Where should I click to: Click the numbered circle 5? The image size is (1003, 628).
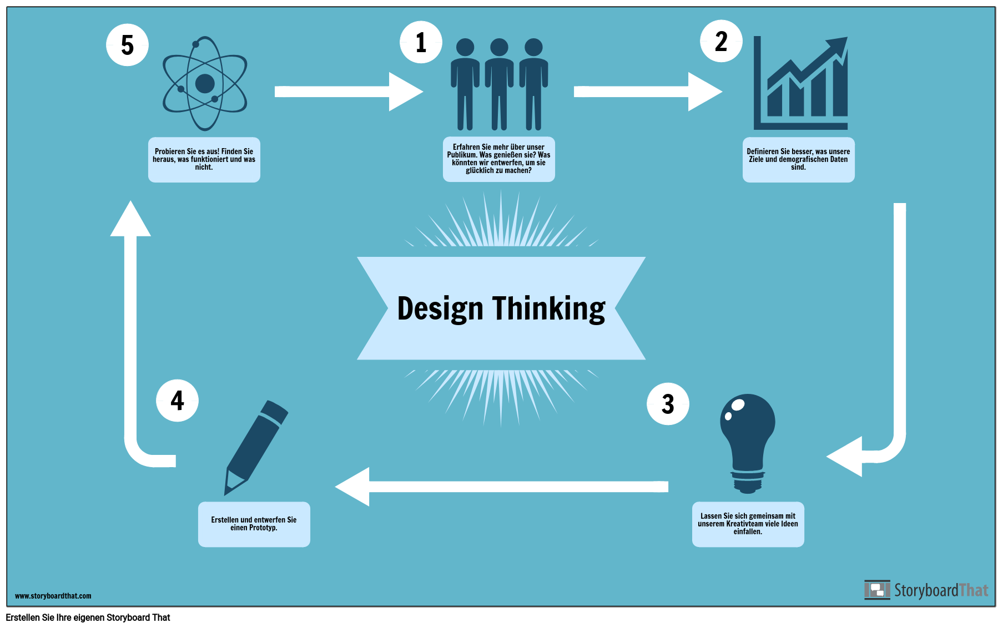pyautogui.click(x=127, y=45)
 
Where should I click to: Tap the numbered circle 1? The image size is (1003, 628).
pyautogui.click(x=421, y=42)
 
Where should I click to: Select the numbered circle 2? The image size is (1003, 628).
pyautogui.click(x=721, y=41)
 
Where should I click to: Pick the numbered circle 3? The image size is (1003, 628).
pyautogui.click(x=668, y=404)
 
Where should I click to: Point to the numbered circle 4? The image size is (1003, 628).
pyautogui.click(x=177, y=401)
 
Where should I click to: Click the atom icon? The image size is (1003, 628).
pyautogui.click(x=205, y=84)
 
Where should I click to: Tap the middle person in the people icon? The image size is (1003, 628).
pyautogui.click(x=499, y=84)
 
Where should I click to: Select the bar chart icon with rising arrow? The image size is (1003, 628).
pyautogui.click(x=800, y=83)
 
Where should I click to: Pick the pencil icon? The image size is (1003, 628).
pyautogui.click(x=255, y=447)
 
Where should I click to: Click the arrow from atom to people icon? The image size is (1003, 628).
pyautogui.click(x=349, y=92)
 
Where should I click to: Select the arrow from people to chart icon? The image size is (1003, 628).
pyautogui.click(x=648, y=92)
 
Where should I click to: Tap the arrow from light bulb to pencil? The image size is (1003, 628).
pyautogui.click(x=502, y=487)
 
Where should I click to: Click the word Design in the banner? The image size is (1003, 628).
pyautogui.click(x=440, y=308)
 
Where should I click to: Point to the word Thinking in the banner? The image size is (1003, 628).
pyautogui.click(x=549, y=308)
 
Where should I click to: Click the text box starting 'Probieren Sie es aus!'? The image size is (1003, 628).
pyautogui.click(x=204, y=160)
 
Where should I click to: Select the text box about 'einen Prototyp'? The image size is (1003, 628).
pyautogui.click(x=254, y=524)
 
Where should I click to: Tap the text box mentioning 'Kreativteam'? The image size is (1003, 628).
pyautogui.click(x=748, y=524)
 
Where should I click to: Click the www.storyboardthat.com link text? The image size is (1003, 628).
pyautogui.click(x=53, y=596)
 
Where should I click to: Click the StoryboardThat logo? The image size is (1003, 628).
pyautogui.click(x=926, y=590)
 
